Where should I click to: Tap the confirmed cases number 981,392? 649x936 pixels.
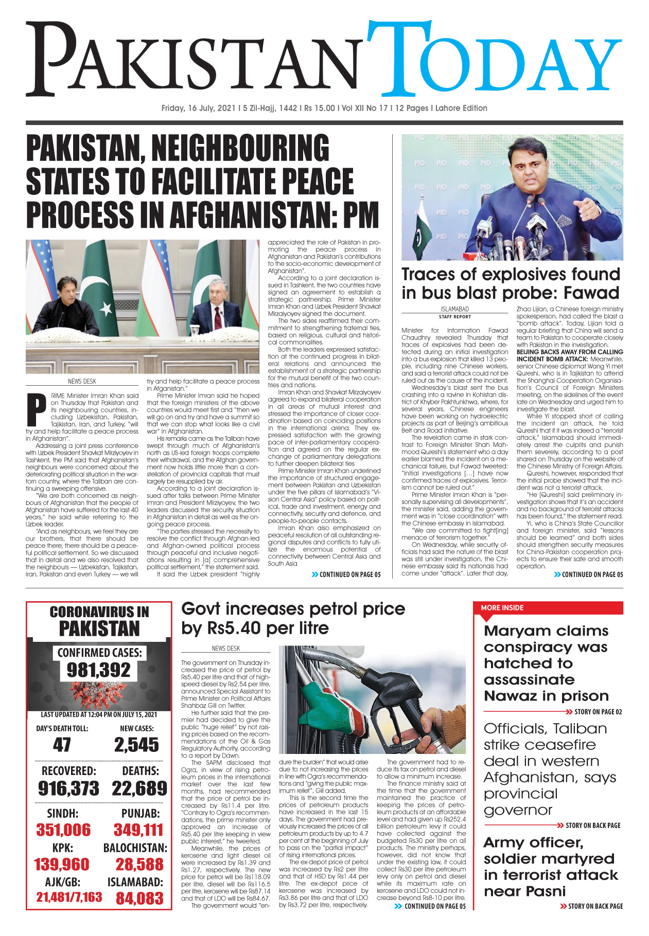pos(99,670)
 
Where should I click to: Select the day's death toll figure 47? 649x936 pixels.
pos(62,745)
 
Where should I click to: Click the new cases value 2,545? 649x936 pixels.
pos(136,745)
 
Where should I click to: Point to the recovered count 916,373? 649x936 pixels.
pos(68,788)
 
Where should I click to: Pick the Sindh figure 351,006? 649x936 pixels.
pos(63,830)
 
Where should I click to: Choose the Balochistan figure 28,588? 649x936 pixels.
pos(139,864)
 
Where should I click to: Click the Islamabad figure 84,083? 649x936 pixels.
pos(139,898)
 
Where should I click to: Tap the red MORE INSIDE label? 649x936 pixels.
pos(502,607)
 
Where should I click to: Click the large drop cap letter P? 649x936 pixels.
pos(36,406)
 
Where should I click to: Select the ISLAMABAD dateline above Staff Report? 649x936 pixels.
pos(454,309)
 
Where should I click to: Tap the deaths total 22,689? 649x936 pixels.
pos(139,788)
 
